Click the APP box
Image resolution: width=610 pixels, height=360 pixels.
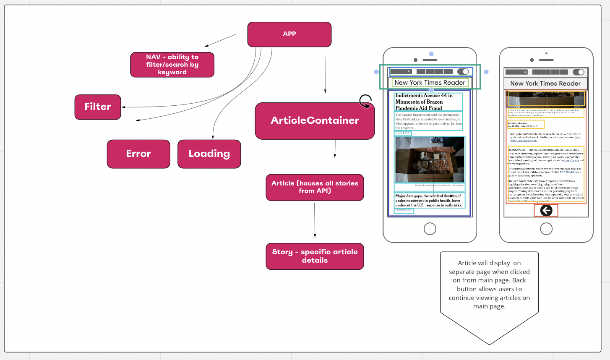tap(289, 34)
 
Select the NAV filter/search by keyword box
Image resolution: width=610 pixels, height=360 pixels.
tap(172, 65)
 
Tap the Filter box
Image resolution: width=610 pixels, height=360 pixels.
tap(98, 107)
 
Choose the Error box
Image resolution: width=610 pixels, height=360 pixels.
tap(138, 154)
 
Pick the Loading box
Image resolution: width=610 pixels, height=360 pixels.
tap(209, 154)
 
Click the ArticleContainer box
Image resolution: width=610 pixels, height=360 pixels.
tap(315, 121)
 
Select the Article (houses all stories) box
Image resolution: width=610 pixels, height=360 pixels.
tap(315, 187)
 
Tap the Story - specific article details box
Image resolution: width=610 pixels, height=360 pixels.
tap(315, 256)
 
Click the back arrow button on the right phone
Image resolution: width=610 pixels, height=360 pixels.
tap(546, 210)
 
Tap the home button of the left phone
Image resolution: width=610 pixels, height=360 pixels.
tap(430, 229)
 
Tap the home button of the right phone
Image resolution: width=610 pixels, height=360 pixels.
tap(546, 229)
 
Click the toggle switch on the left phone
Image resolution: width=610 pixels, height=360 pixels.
tap(463, 72)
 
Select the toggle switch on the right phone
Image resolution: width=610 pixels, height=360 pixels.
tap(579, 72)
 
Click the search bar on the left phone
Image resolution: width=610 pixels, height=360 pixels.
tap(401, 72)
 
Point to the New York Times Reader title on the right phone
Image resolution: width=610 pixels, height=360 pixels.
tap(545, 83)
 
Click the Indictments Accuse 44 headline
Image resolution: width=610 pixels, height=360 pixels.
tap(424, 102)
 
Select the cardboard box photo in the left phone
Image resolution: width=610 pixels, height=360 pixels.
tap(430, 159)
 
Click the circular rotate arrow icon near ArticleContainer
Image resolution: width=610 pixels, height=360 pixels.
tap(365, 101)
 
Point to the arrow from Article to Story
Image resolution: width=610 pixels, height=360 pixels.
tap(315, 220)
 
